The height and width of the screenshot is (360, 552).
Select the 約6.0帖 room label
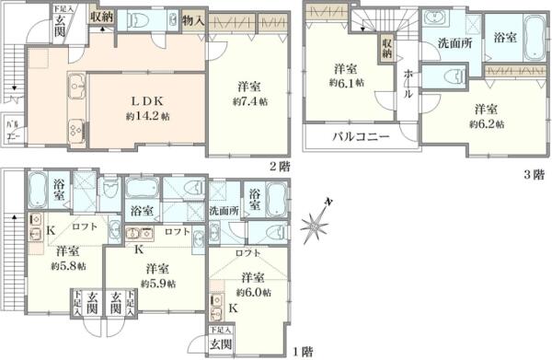[x=253, y=284]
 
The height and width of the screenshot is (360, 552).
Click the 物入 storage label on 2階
[x=193, y=19]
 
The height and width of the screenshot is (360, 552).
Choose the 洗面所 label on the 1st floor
[x=224, y=211]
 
